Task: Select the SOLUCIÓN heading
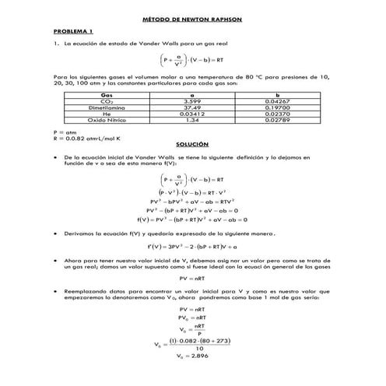coord(192,145)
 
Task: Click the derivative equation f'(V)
coord(192,244)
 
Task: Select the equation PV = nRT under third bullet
coord(192,278)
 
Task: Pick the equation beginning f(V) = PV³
coord(192,219)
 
